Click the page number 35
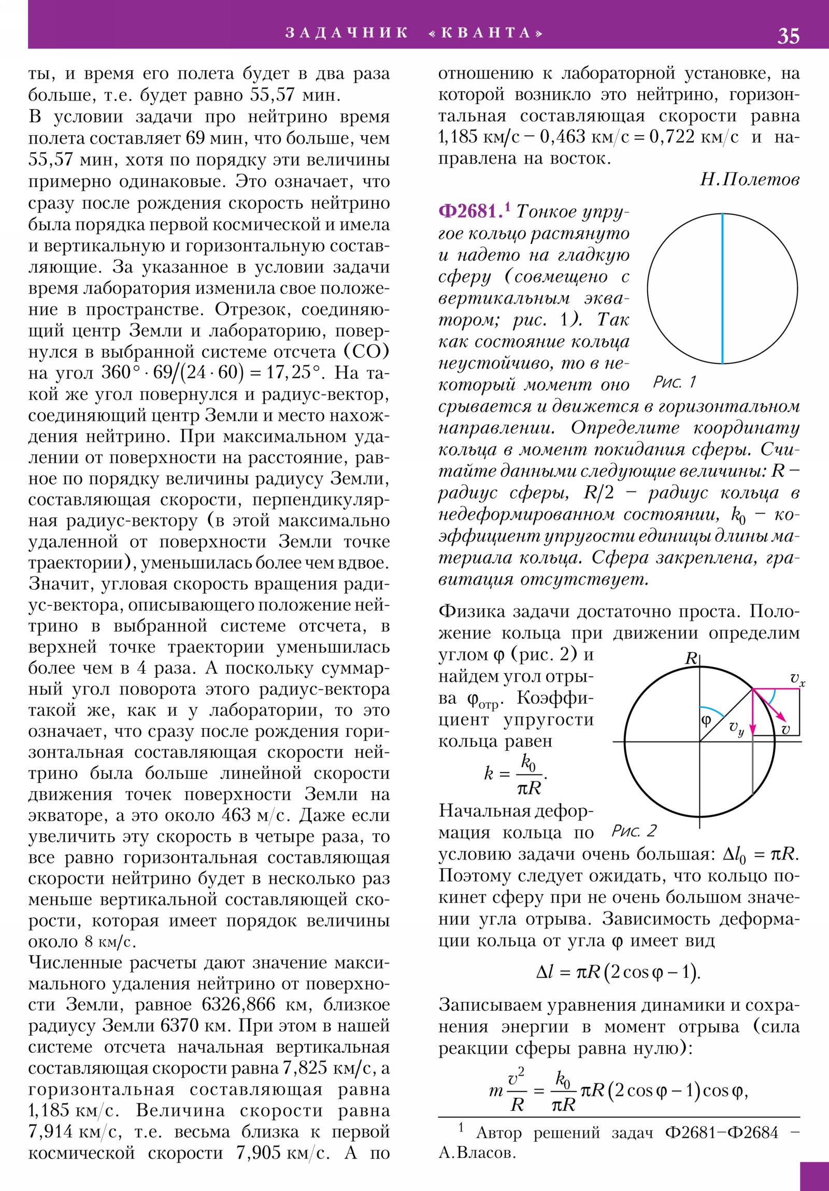point(788,36)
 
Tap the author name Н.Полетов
point(749,180)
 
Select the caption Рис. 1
point(674,382)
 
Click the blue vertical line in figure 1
point(722,288)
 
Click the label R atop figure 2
point(691,659)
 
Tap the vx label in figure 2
point(797,679)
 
